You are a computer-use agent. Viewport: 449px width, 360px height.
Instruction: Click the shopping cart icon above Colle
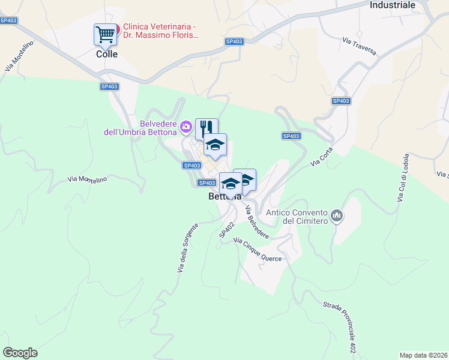(105, 34)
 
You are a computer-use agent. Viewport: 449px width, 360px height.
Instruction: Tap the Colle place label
(107, 54)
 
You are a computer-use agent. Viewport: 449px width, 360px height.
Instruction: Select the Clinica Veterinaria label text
(160, 31)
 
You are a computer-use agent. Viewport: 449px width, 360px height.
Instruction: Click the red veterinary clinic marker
(117, 28)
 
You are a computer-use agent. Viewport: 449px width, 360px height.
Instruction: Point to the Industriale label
(393, 5)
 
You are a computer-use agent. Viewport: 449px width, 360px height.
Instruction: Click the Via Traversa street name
(360, 47)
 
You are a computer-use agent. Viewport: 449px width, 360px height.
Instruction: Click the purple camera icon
(186, 125)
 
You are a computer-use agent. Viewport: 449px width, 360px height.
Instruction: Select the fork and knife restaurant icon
(206, 127)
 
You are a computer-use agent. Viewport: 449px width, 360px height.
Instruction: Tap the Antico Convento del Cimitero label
(296, 217)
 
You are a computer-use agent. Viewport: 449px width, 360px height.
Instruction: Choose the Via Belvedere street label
(257, 221)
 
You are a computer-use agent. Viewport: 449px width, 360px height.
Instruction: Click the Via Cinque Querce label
(257, 250)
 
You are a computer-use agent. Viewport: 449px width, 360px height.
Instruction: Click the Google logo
(20, 353)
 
